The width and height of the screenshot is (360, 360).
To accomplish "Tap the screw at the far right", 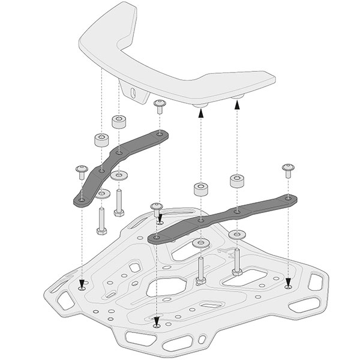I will tap(289, 170).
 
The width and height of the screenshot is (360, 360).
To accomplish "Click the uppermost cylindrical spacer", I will tap(118, 122).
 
